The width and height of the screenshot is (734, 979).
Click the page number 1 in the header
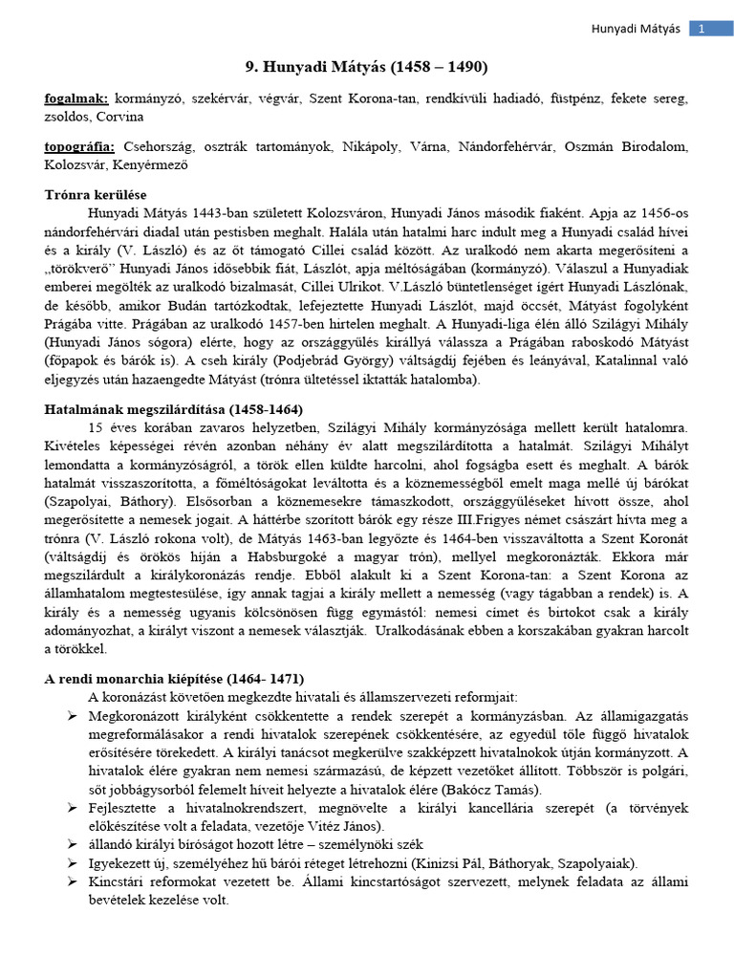coord(702,29)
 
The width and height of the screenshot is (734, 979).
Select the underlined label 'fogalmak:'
coord(76,98)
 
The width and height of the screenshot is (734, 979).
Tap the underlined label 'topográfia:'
coord(80,146)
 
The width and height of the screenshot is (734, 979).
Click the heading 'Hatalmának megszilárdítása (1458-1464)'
coord(162,408)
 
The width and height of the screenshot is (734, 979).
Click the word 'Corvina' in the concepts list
coord(120,117)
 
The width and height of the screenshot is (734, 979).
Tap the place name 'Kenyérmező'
coord(153,164)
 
